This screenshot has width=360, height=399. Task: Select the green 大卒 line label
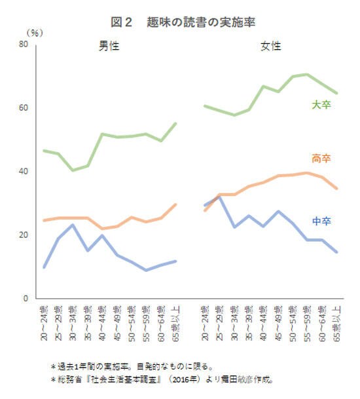[x=321, y=104]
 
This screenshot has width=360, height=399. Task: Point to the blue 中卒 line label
[x=321, y=221]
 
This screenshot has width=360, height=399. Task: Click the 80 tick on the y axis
[x=23, y=44]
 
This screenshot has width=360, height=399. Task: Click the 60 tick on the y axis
[x=23, y=107]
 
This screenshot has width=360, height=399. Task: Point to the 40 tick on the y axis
[x=23, y=171]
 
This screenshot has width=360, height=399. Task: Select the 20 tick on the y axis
[x=23, y=235]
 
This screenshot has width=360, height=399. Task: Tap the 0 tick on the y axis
[x=25, y=298]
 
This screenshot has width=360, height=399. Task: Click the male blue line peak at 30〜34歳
[x=73, y=225]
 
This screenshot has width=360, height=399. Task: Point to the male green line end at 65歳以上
[x=176, y=123]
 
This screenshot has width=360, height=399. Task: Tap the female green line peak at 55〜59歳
[x=307, y=74]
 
